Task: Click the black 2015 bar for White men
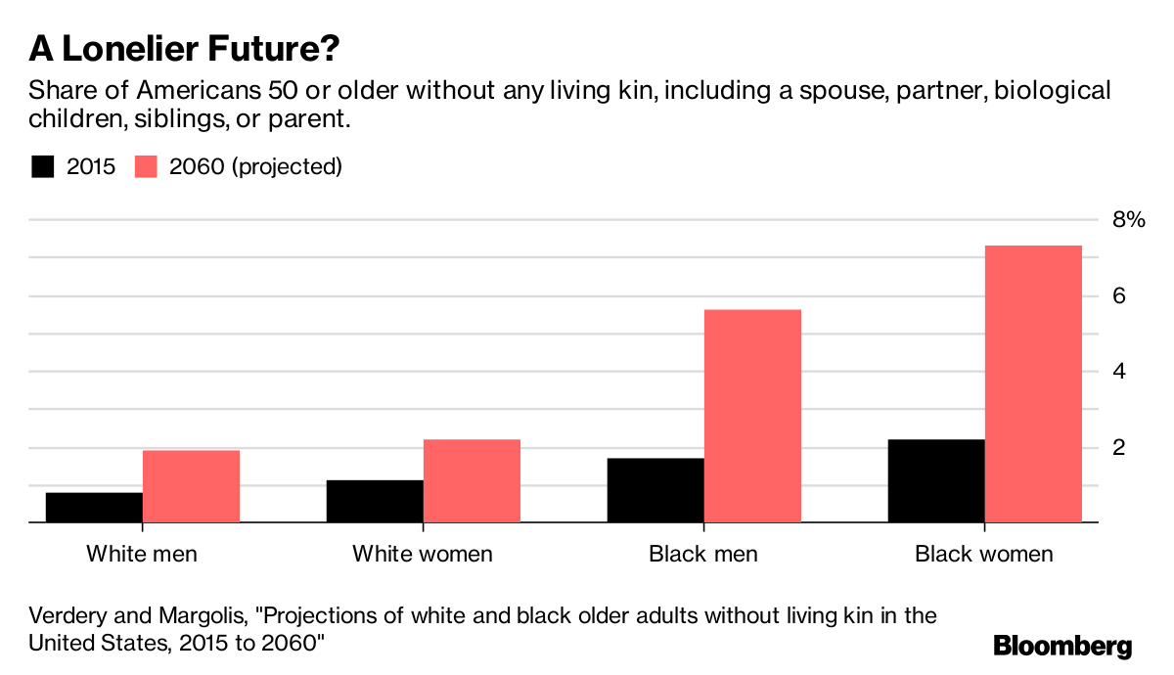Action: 94,508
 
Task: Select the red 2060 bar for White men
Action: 191,486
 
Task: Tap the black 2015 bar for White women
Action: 375,501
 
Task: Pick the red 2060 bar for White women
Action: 472,481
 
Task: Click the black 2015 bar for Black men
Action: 655,490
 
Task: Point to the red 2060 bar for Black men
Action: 752,417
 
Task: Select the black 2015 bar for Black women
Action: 936,481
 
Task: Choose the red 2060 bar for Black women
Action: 1033,384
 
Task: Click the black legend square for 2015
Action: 42,166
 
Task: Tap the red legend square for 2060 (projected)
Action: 146,166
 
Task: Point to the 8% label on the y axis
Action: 1128,220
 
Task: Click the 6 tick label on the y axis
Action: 1120,295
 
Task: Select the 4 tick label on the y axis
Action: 1120,372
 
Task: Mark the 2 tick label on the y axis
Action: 1120,447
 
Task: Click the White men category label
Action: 142,554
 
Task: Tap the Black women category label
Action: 984,554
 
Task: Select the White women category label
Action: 423,554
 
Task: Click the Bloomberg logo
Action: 1062,646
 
